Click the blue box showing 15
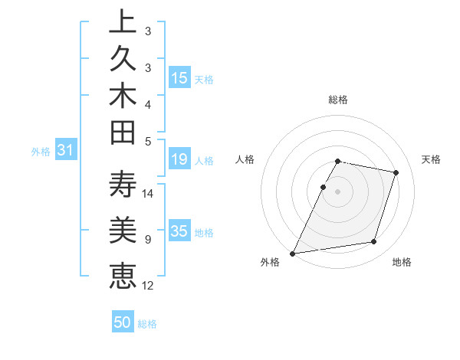pos(179,78)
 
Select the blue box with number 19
pos(179,160)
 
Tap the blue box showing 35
pos(179,232)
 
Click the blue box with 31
pos(66,151)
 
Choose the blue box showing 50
pos(123,322)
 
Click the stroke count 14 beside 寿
pos(148,193)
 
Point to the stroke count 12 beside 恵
pos(148,286)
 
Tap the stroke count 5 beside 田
pos(148,141)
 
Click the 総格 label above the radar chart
pos(338,100)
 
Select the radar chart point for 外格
pos(293,254)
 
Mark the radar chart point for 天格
pos(396,173)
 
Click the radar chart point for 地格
pos(374,242)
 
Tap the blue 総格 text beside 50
pos(147,324)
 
